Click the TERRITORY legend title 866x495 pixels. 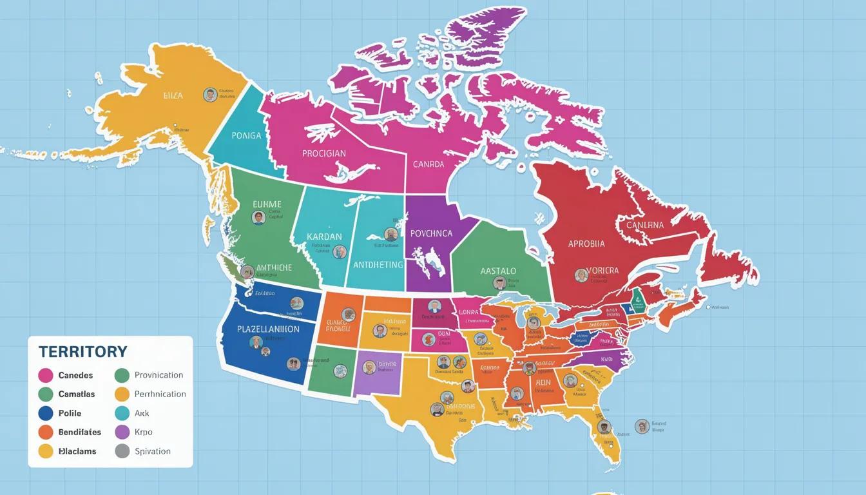click(x=82, y=352)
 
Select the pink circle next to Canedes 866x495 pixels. click(x=46, y=375)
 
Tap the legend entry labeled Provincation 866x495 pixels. click(x=159, y=375)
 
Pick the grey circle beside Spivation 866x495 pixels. click(x=122, y=451)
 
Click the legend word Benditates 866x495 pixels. click(x=79, y=432)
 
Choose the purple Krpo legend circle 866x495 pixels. click(x=122, y=432)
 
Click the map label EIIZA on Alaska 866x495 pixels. click(x=173, y=95)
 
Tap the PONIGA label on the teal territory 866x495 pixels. click(x=246, y=135)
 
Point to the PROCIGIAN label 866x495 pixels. click(x=323, y=154)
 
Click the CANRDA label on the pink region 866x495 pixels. click(x=428, y=164)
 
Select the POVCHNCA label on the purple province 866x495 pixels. click(x=431, y=233)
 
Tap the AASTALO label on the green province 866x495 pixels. click(x=499, y=271)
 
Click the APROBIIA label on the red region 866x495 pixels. click(x=586, y=244)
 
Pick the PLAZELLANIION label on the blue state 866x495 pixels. click(x=268, y=329)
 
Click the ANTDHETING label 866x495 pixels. click(x=378, y=265)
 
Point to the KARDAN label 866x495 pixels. click(x=324, y=237)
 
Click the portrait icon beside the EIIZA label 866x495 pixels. click(x=210, y=95)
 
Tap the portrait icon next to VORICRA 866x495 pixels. click(x=581, y=276)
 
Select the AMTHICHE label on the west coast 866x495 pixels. click(x=274, y=267)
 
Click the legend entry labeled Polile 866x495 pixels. click(x=70, y=413)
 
